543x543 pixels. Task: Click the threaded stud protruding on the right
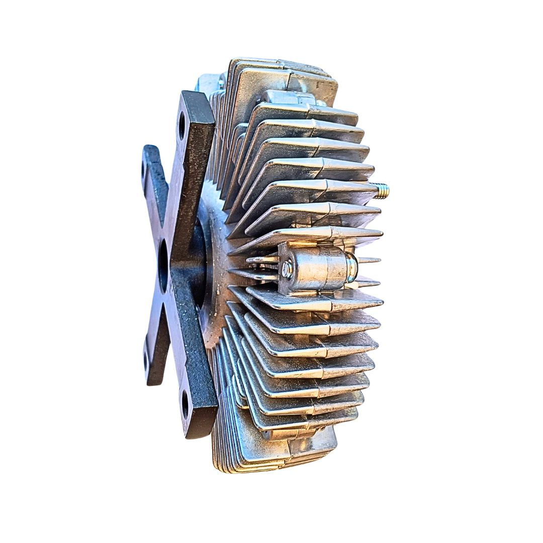tap(382, 191)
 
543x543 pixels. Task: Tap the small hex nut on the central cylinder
tap(287, 269)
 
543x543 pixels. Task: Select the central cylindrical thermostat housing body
tap(317, 267)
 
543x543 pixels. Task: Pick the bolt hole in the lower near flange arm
tap(185, 404)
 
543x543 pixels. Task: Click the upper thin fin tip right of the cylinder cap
tap(370, 260)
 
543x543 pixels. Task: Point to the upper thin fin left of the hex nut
tap(261, 259)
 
